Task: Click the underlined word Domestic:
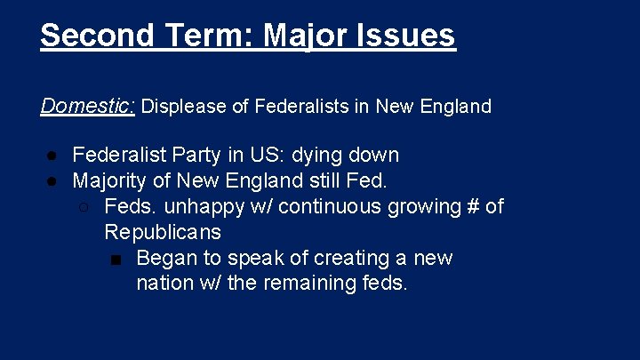coord(87,107)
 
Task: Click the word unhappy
coord(198,207)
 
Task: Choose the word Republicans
coord(163,233)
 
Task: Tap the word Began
coord(165,259)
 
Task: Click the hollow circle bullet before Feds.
coord(83,208)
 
